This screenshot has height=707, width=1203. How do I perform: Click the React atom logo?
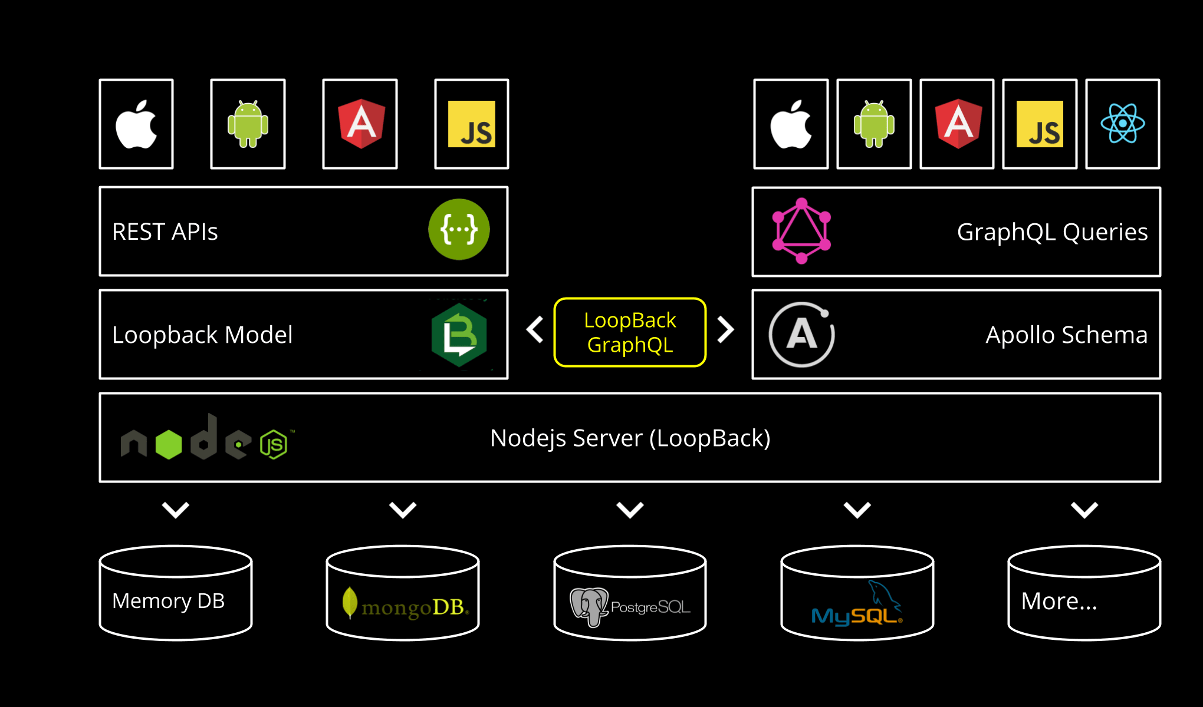tap(1122, 124)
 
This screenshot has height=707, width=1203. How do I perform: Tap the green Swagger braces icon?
tap(459, 229)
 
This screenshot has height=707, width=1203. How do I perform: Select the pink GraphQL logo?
tap(801, 231)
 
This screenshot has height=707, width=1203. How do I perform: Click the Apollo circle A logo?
tap(801, 335)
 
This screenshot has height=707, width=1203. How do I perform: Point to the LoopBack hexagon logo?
tap(459, 335)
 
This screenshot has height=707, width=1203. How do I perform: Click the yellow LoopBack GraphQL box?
tap(630, 332)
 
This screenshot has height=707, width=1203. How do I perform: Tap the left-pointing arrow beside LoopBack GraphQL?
tap(535, 330)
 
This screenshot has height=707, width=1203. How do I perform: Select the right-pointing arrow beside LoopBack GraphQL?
tap(726, 330)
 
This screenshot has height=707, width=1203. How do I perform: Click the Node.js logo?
tap(204, 439)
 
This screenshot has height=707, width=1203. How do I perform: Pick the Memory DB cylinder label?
tap(169, 601)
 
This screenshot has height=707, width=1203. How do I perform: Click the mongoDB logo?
tap(406, 605)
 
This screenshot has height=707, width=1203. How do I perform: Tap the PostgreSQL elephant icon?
tap(589, 606)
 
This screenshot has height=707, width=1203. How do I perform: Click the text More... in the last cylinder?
tap(1059, 601)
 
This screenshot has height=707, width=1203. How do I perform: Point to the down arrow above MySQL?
tap(857, 510)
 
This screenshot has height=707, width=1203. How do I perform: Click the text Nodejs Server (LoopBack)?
tap(630, 438)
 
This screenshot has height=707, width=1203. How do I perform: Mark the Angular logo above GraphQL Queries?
tap(958, 124)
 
